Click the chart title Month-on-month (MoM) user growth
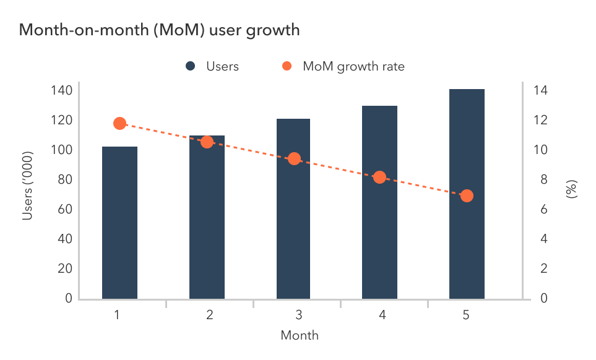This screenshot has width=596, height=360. tap(160, 30)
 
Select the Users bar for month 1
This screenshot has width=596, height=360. tap(119, 223)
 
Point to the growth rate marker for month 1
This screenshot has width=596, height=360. tap(120, 124)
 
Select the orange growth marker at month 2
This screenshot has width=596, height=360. tap(207, 142)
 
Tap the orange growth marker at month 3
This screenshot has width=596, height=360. tap(294, 159)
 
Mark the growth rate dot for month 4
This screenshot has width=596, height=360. tap(380, 178)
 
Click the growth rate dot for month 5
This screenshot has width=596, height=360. tap(467, 195)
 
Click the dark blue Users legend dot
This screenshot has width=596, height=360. tap(191, 66)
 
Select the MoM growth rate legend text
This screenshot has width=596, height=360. tap(353, 66)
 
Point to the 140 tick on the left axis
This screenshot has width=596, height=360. tap(61, 91)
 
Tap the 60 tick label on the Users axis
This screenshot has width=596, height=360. tap(64, 210)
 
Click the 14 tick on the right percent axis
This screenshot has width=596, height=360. tap(540, 91)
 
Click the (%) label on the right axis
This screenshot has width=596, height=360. tap(571, 189)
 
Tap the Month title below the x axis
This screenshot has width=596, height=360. tap(300, 336)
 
